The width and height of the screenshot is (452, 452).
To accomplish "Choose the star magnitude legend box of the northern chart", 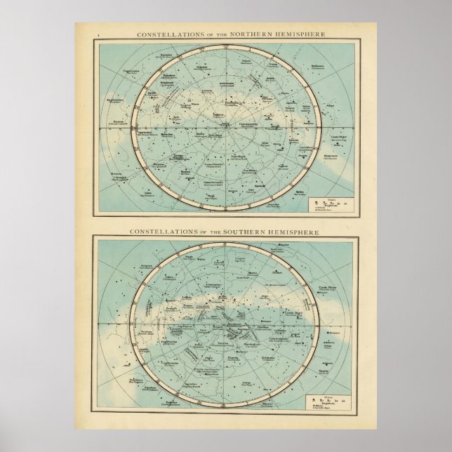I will [x=333, y=206].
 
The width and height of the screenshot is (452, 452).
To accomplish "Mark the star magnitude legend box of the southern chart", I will [x=331, y=403].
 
